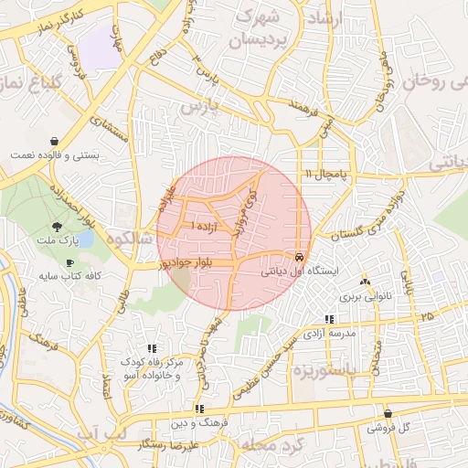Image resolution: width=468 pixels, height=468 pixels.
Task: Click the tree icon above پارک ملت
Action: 58,226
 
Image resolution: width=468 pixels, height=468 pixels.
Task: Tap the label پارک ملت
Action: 58,241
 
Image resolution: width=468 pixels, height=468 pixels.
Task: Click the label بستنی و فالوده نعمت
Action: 54,155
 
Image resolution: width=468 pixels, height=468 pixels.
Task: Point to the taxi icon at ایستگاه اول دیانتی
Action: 300,257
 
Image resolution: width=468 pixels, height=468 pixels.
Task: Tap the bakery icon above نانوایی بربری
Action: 365,282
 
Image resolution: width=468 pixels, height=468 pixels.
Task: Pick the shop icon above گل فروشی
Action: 388,413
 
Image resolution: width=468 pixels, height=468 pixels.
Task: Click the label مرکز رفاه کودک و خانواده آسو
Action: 150,370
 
